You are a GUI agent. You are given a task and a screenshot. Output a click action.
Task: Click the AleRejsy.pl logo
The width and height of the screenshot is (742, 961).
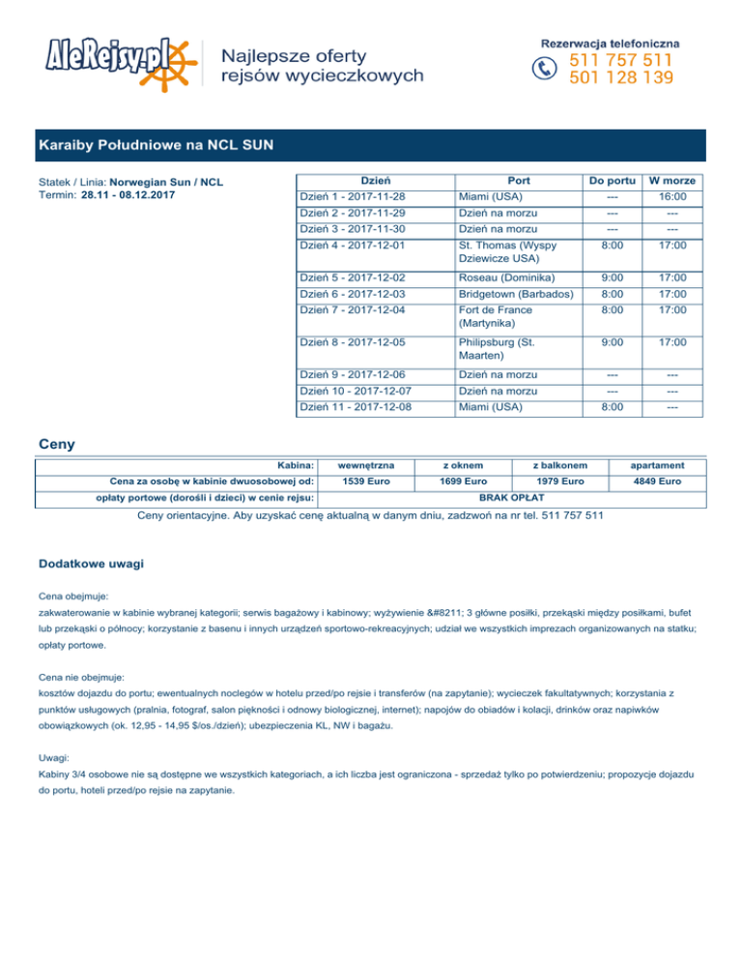coord(120,61)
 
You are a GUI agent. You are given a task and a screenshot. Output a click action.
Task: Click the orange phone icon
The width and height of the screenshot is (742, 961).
coord(546,68)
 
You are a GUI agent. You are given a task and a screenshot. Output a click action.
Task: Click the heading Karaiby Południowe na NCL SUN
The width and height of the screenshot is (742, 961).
coord(156,146)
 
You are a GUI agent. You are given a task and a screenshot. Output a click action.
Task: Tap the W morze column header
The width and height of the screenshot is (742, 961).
coord(673,181)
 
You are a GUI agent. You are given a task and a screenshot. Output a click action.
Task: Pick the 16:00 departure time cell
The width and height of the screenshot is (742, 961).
coord(673,197)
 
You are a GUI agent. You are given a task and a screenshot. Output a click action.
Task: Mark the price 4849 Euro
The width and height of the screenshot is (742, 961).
coord(659,480)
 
